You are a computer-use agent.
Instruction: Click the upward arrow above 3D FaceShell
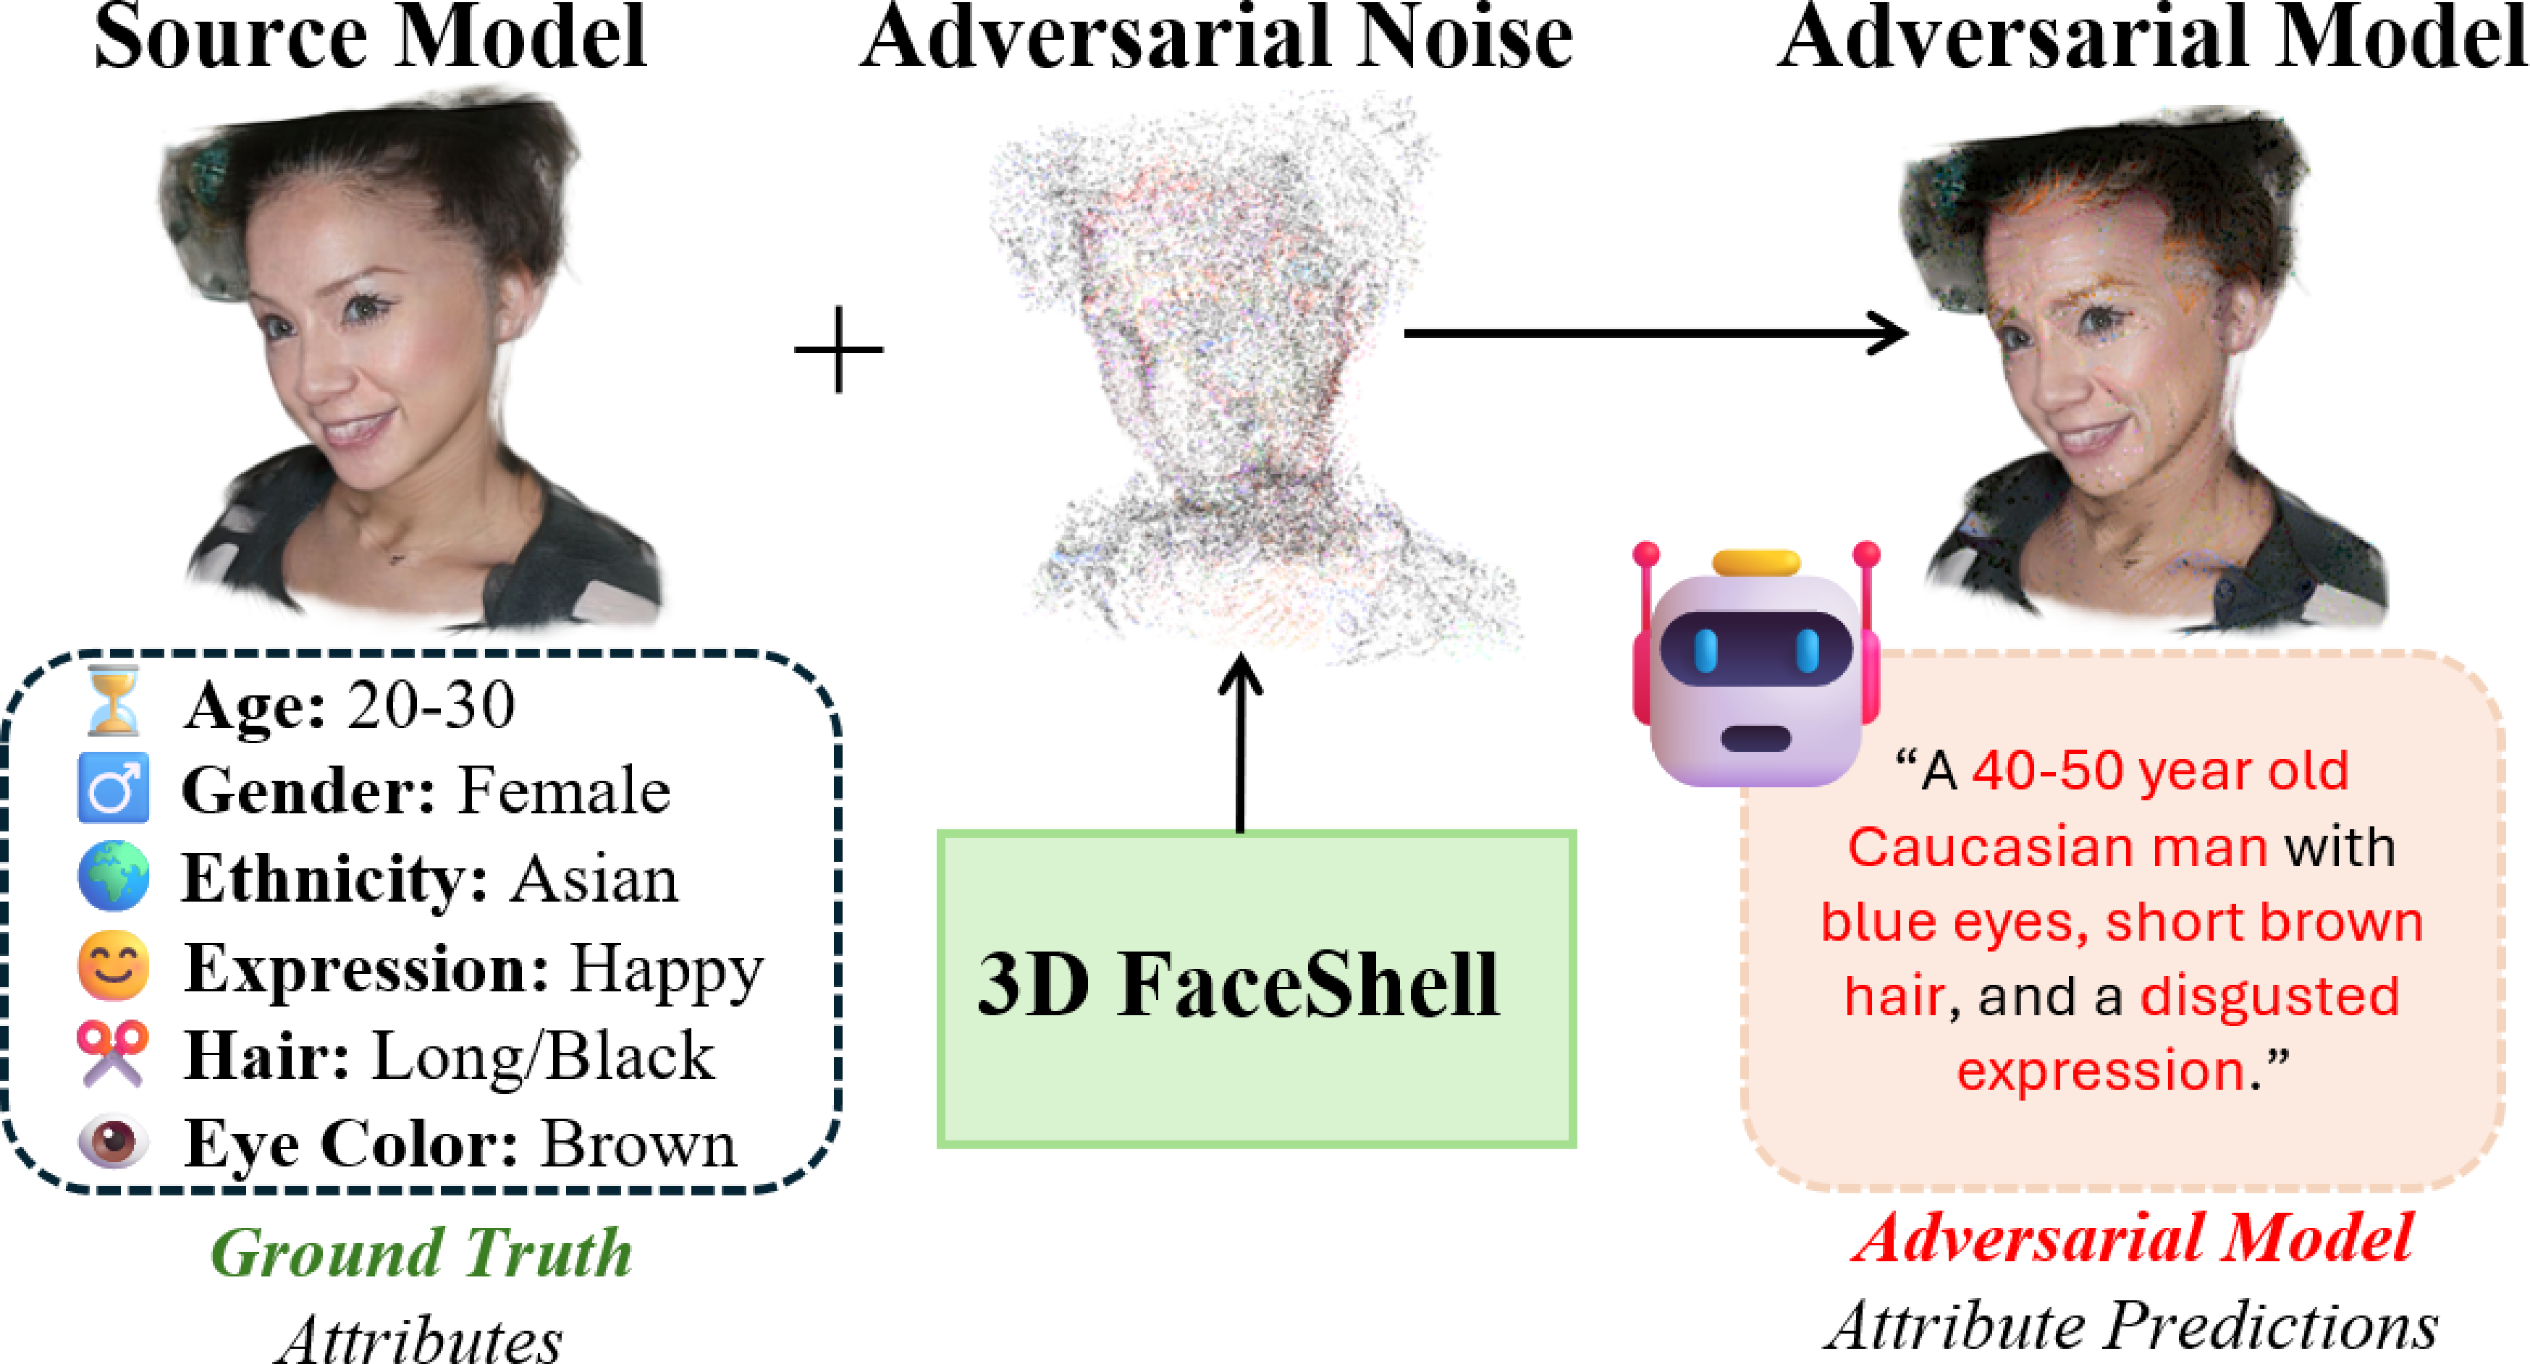tap(1241, 742)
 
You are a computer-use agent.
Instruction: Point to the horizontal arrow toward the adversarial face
tap(1656, 333)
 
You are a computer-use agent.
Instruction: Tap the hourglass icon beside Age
tap(113, 701)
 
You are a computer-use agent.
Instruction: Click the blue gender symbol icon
tap(113, 787)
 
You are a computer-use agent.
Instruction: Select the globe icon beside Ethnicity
tap(113, 875)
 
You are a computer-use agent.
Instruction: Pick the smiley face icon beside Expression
tap(113, 965)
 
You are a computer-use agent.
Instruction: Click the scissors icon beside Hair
tap(113, 1053)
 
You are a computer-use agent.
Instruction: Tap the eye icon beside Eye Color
tap(113, 1142)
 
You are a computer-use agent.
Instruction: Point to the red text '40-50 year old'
tap(2160, 771)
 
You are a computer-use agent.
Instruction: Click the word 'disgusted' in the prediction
tap(2269, 996)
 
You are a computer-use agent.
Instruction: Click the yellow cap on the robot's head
tap(1756, 563)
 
